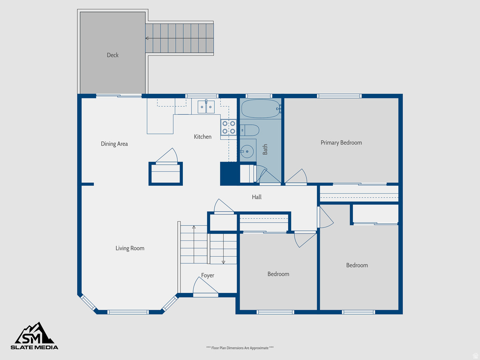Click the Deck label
click(x=112, y=55)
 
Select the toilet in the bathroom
click(x=249, y=130)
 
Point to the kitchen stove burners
click(x=229, y=127)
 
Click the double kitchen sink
click(x=206, y=107)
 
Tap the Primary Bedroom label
click(x=341, y=142)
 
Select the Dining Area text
click(x=114, y=144)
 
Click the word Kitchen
click(x=202, y=137)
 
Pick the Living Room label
click(x=130, y=248)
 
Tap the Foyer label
click(x=208, y=276)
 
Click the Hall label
click(x=256, y=197)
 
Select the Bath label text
click(x=265, y=150)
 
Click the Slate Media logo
click(x=35, y=336)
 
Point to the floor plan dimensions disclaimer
click(x=240, y=348)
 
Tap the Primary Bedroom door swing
click(x=297, y=177)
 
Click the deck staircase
click(x=179, y=38)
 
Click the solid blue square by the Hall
click(x=230, y=173)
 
